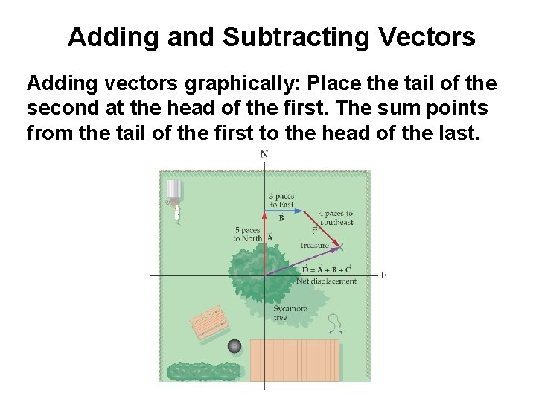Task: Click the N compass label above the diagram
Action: (264, 155)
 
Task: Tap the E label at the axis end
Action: (383, 275)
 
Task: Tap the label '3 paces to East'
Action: (281, 200)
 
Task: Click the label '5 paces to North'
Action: (247, 234)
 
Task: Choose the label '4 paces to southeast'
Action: (336, 217)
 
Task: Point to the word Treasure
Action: (314, 246)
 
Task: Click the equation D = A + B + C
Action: (326, 269)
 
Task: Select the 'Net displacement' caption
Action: (326, 281)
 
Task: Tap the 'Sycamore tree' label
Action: (290, 313)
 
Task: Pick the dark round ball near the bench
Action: (236, 345)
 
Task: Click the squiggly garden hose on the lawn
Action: (337, 322)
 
